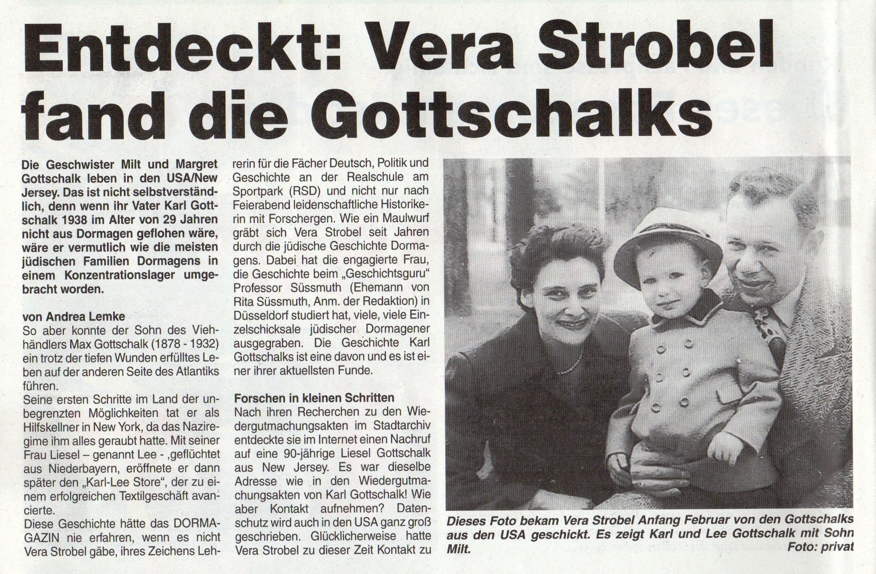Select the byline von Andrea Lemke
[74, 316]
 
